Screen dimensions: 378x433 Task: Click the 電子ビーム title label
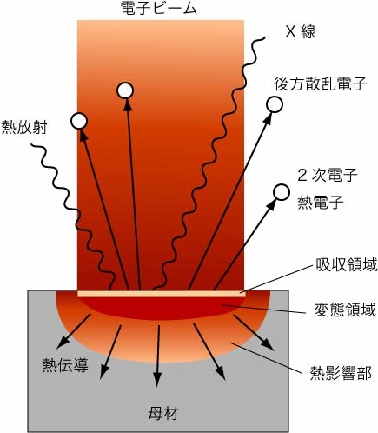coord(159,9)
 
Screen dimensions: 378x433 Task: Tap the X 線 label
coord(300,31)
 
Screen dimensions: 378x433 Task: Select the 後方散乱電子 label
coord(321,83)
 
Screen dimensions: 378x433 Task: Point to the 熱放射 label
coord(24,128)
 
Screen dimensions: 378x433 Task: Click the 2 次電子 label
coord(327,176)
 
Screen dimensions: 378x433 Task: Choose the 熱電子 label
coord(321,202)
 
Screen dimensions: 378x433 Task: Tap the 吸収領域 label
coord(346,265)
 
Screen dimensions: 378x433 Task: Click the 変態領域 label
coord(345,310)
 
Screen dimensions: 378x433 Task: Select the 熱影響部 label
coord(341,373)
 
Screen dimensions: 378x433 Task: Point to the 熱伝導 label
coord(65,365)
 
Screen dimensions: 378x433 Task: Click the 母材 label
coord(163,413)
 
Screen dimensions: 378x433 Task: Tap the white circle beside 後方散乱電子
coord(275,104)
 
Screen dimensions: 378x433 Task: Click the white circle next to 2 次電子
coord(282,193)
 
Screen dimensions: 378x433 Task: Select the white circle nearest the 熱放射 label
coord(79,121)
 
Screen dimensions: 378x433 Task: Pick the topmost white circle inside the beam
coord(125,90)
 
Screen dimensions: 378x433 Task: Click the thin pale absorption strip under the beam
coord(162,294)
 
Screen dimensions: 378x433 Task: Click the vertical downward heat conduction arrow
coord(158,356)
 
